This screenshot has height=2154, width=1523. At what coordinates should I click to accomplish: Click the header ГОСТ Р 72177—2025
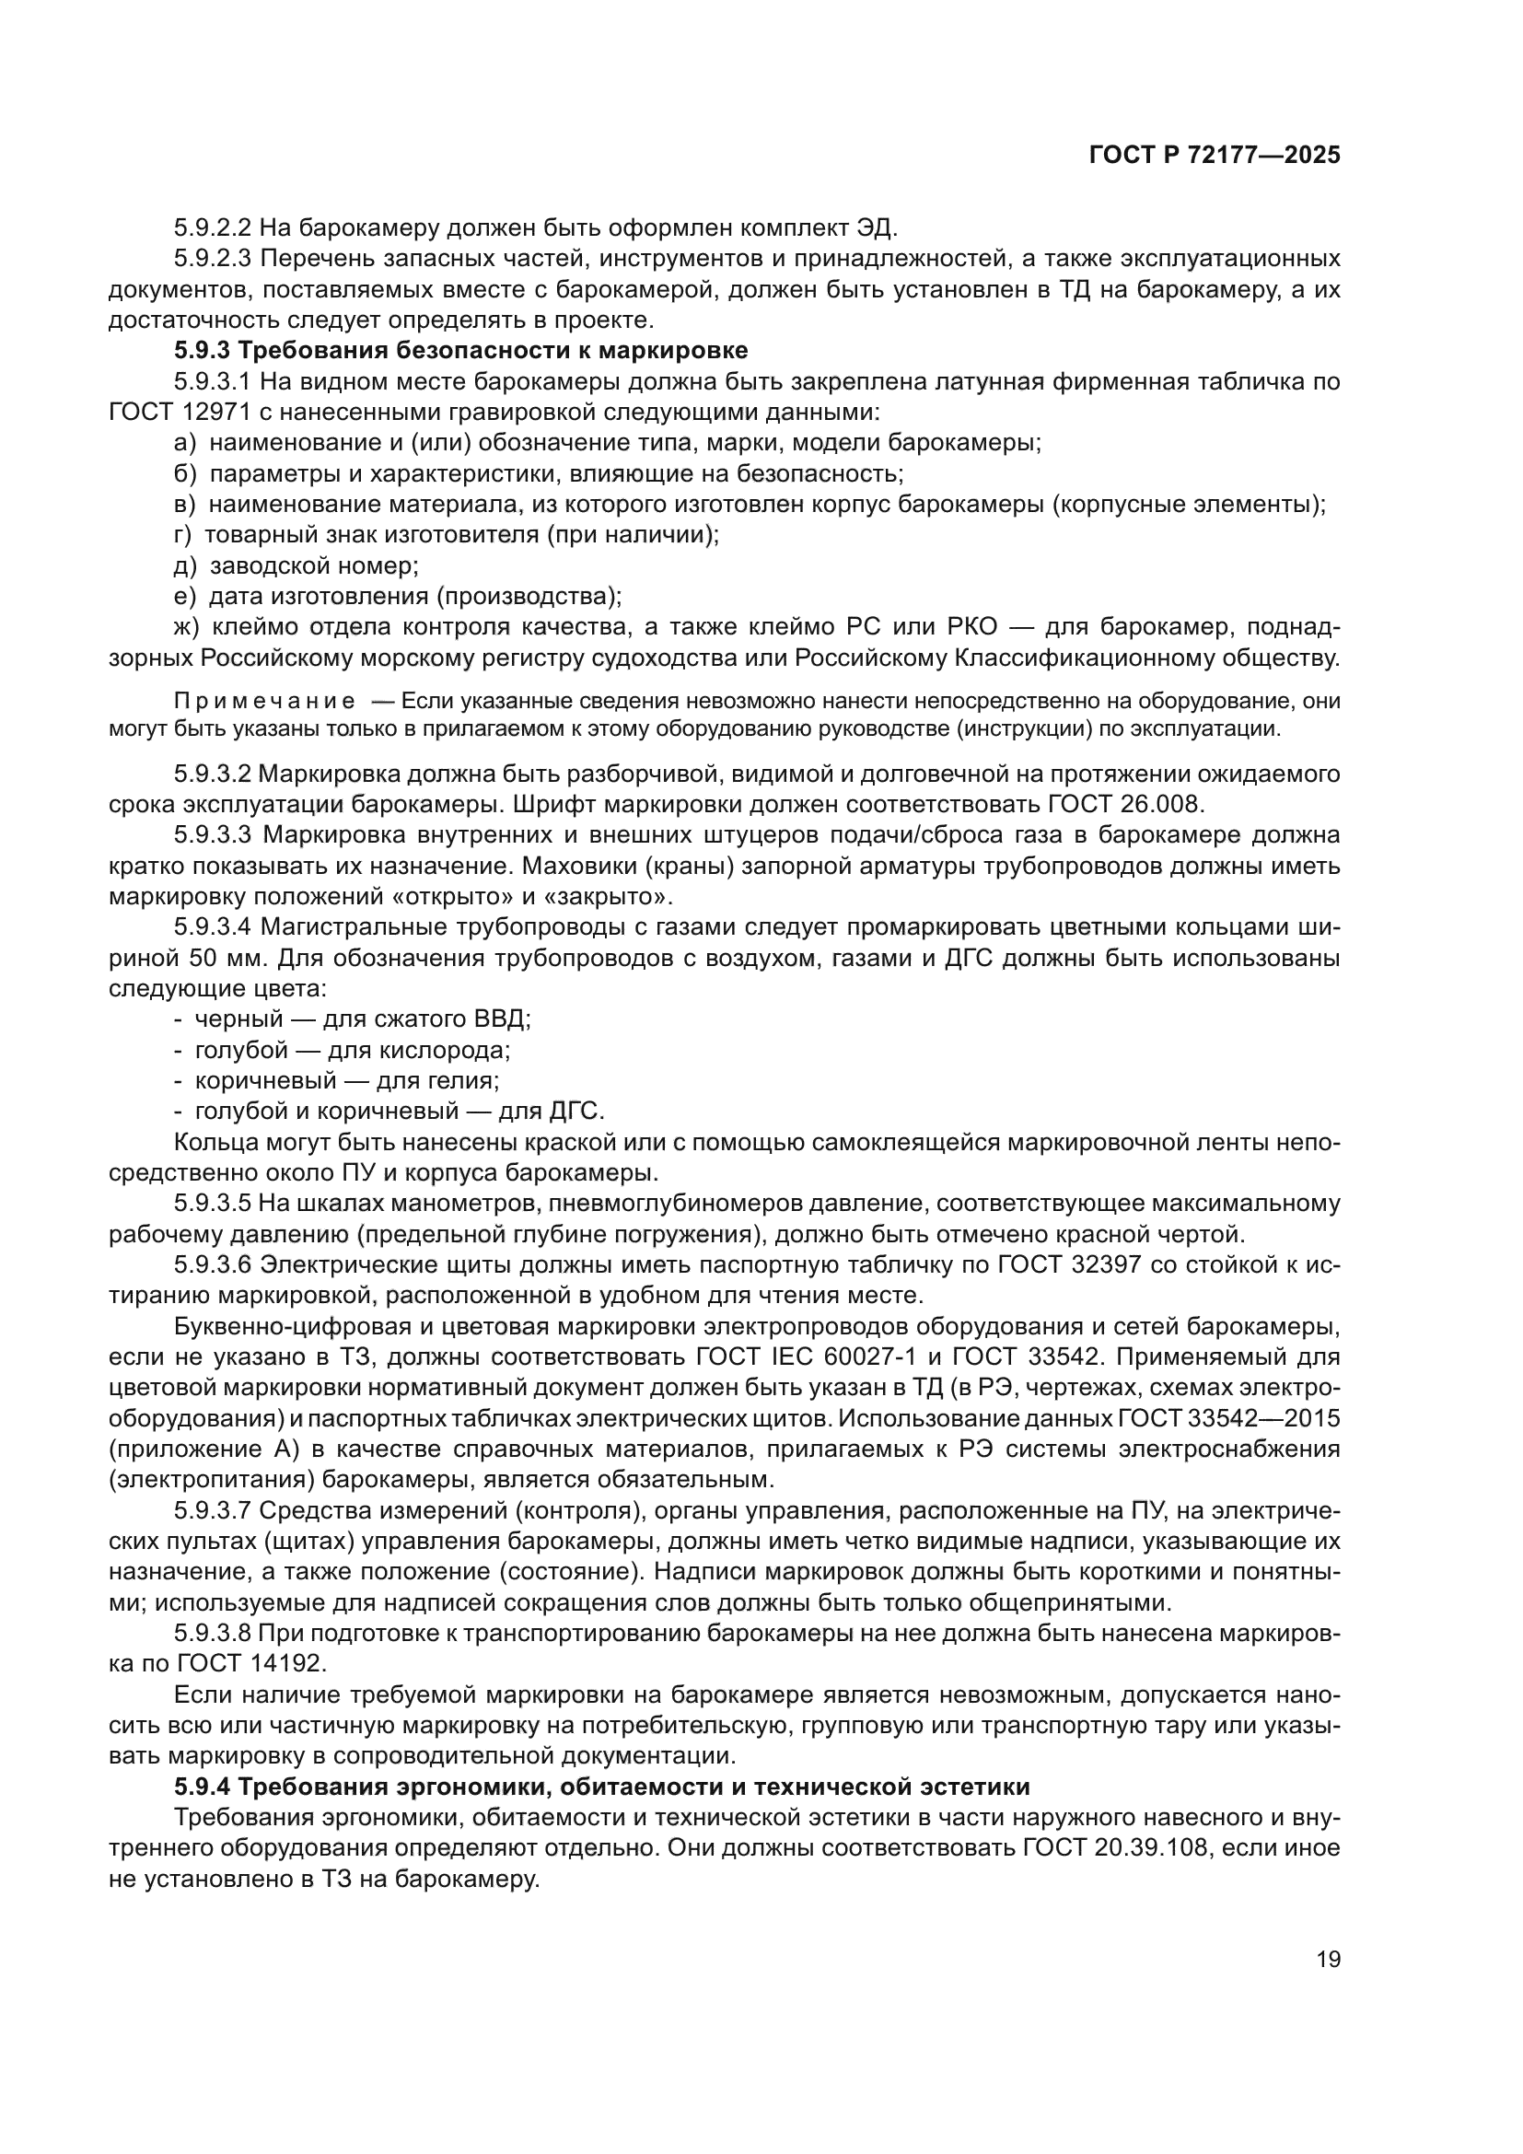(1215, 156)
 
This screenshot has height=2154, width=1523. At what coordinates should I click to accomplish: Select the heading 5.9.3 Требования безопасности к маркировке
(460, 351)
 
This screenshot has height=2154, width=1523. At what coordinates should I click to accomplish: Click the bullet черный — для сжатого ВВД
(353, 1019)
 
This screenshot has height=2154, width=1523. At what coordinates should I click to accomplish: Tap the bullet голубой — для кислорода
(343, 1050)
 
